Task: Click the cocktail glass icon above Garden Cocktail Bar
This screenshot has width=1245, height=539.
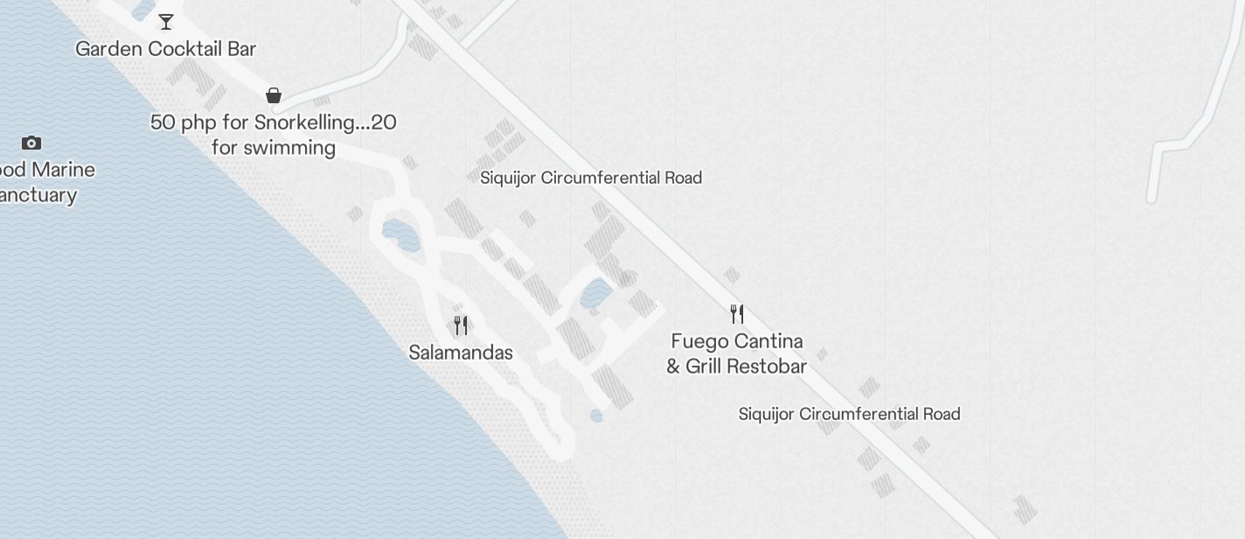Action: tap(166, 22)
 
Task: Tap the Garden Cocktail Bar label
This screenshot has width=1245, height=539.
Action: tap(166, 49)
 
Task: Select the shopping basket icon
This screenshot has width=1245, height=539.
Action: tap(274, 94)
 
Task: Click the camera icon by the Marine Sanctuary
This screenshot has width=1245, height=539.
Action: tap(31, 143)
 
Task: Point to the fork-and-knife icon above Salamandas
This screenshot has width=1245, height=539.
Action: tap(461, 325)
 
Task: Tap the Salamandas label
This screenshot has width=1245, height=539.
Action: tap(461, 353)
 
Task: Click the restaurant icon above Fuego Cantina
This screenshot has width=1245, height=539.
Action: tap(737, 313)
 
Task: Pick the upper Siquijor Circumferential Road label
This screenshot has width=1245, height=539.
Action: tap(591, 178)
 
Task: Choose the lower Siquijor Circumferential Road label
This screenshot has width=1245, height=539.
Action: tap(849, 414)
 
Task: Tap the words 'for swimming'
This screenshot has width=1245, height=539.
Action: tap(274, 147)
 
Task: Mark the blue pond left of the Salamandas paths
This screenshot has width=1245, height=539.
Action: tap(401, 234)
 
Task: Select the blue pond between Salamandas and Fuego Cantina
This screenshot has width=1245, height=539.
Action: tap(595, 293)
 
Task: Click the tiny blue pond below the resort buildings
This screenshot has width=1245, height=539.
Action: tap(596, 416)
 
